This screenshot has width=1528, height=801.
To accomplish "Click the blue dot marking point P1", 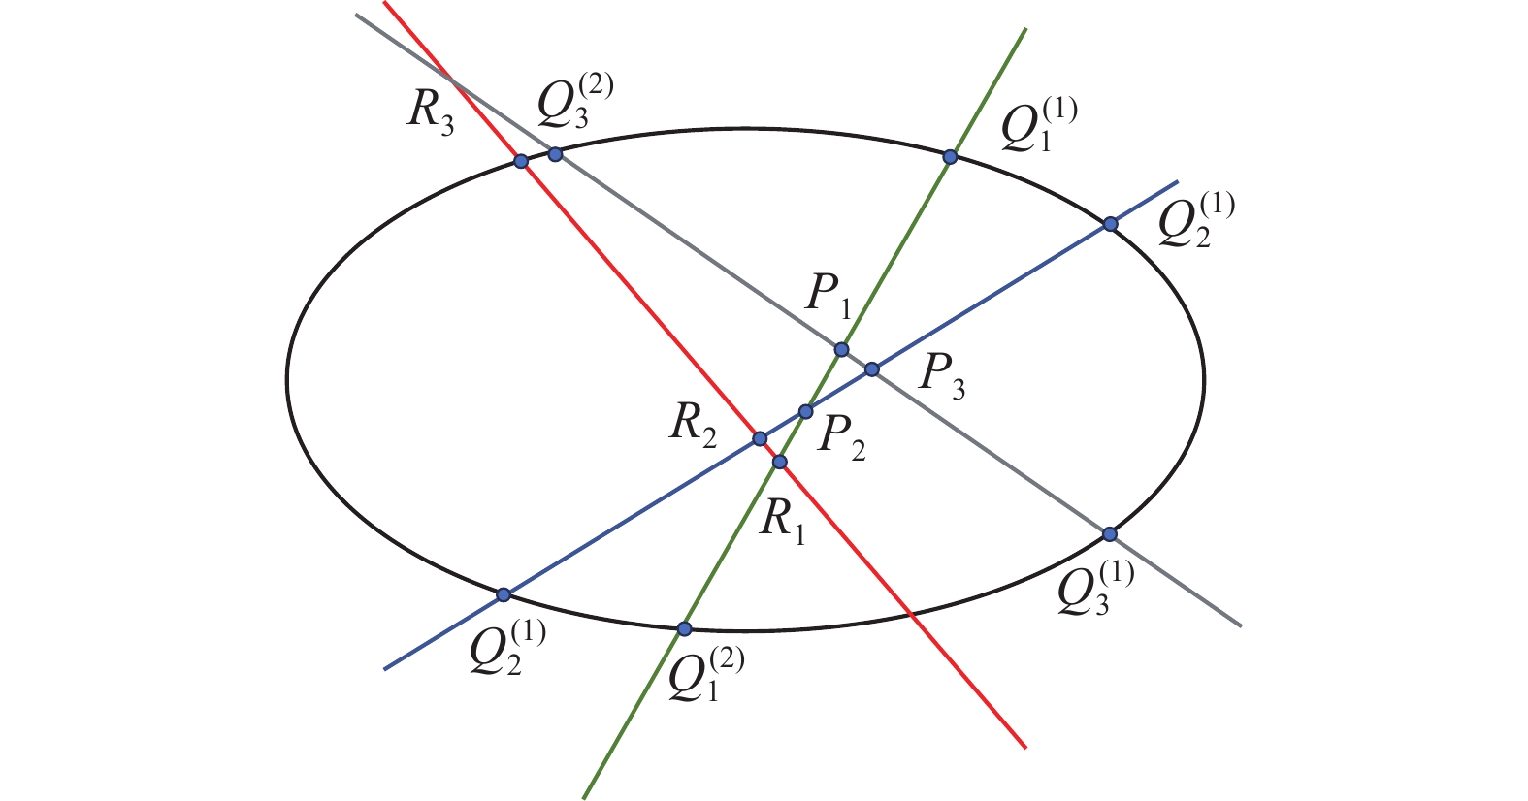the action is pyautogui.click(x=841, y=349).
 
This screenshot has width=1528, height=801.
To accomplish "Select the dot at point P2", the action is pyautogui.click(x=806, y=412).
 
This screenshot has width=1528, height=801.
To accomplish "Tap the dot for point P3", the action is pyautogui.click(x=872, y=368).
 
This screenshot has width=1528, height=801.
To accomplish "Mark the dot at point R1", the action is pyautogui.click(x=779, y=462).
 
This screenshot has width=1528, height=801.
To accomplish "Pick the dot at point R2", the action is pyautogui.click(x=761, y=439).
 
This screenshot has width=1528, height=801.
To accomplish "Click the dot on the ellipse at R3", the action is pyautogui.click(x=521, y=161).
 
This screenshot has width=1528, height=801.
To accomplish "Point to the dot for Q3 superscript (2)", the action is pyautogui.click(x=555, y=154).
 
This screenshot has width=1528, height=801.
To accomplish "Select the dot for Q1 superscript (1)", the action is pyautogui.click(x=951, y=156).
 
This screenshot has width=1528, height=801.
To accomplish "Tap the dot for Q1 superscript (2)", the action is pyautogui.click(x=684, y=628).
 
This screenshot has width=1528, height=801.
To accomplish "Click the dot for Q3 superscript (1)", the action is pyautogui.click(x=1110, y=534).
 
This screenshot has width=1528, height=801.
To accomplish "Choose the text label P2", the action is pyautogui.click(x=840, y=436).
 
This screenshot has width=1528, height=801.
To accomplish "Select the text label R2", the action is pyautogui.click(x=693, y=427).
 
